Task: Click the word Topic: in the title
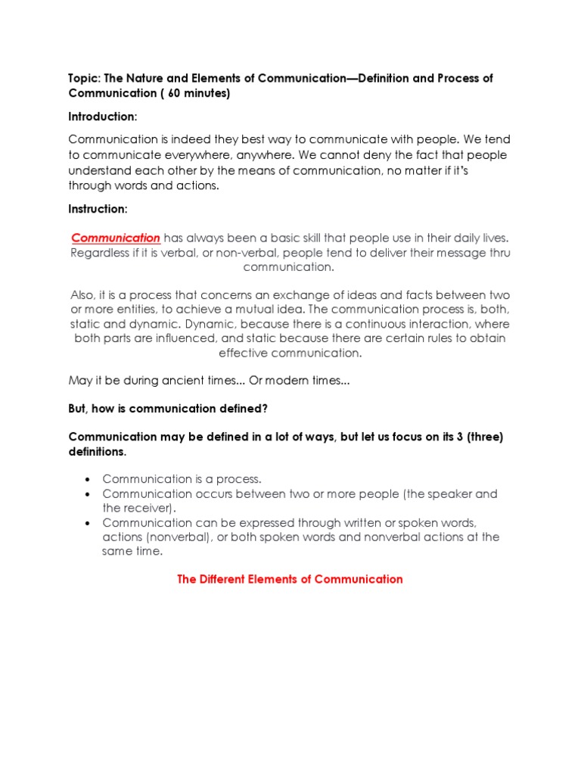pyautogui.click(x=85, y=79)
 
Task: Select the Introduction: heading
pyautogui.click(x=103, y=117)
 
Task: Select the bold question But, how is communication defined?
pyautogui.click(x=168, y=409)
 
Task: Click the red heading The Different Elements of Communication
pyautogui.click(x=290, y=579)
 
